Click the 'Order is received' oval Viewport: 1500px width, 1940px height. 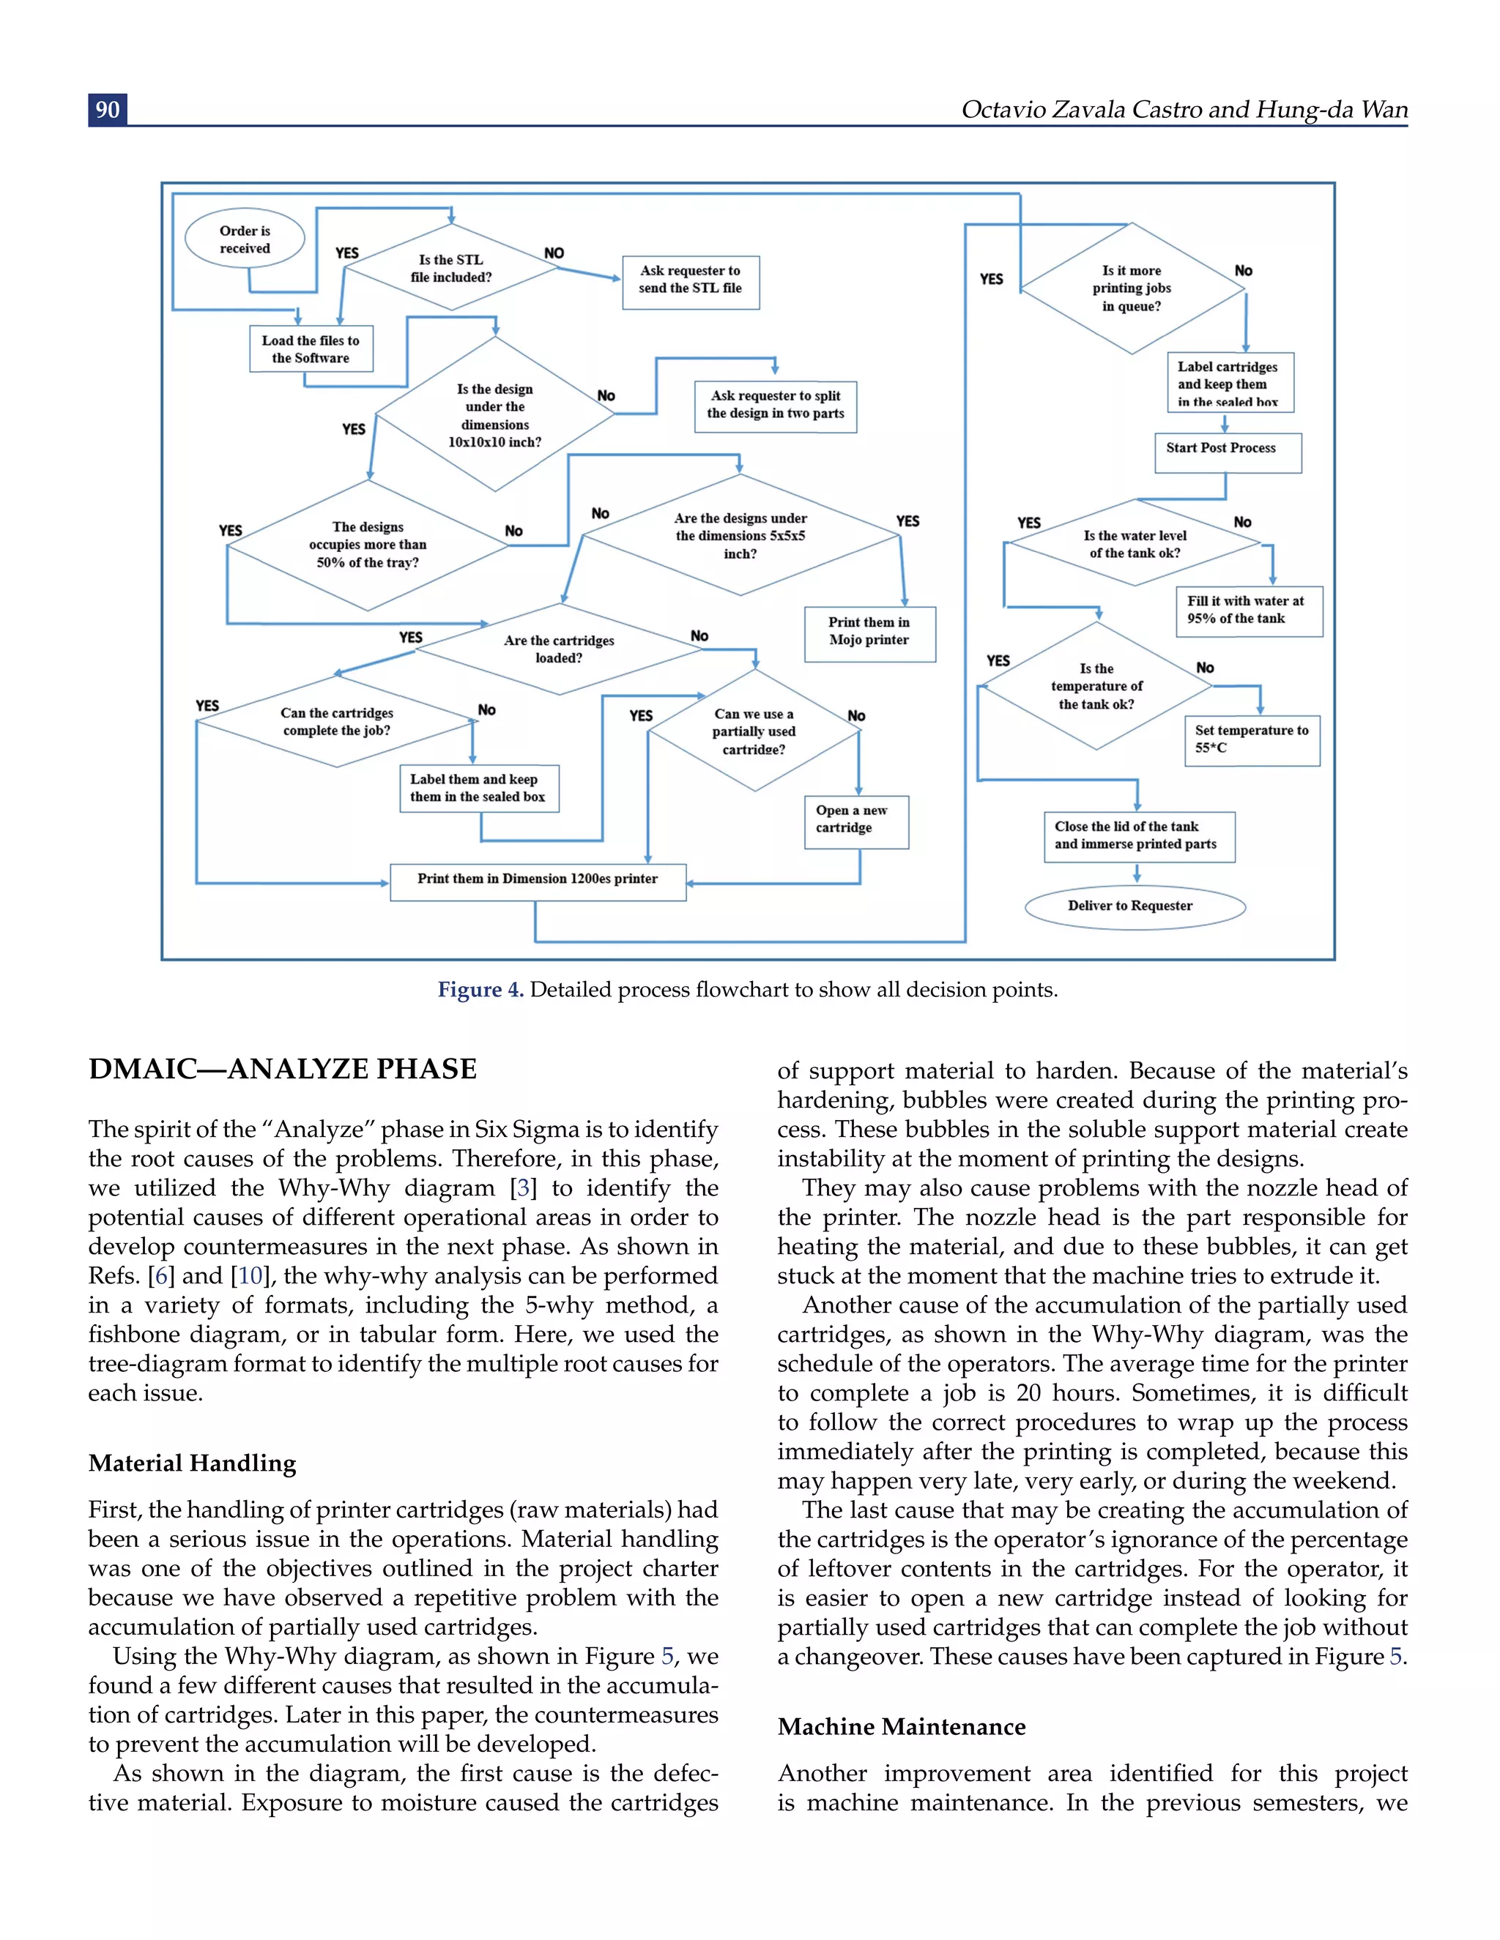click(x=245, y=239)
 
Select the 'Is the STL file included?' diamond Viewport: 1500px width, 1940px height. click(x=450, y=268)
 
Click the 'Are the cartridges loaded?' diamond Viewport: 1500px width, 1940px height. click(x=558, y=649)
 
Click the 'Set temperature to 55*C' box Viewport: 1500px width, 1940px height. click(x=1251, y=740)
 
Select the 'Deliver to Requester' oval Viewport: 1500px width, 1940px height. click(x=1134, y=906)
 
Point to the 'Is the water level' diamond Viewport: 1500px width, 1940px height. click(x=1135, y=544)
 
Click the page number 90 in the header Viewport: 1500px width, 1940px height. click(x=108, y=109)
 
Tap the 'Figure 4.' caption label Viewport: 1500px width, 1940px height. click(x=480, y=990)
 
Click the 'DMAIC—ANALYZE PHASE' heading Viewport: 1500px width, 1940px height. click(x=283, y=1069)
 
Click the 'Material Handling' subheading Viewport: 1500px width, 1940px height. click(x=192, y=1462)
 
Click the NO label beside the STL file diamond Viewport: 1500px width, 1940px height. click(x=554, y=253)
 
